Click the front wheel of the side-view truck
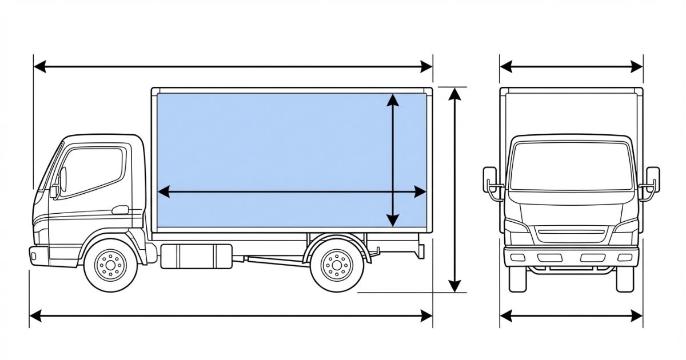point(111,265)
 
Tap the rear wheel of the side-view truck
point(337,265)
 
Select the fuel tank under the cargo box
point(196,256)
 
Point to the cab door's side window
point(93,171)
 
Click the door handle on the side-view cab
point(120,210)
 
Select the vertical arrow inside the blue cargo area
point(393,160)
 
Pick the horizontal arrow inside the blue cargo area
point(292,193)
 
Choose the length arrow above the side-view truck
point(233,67)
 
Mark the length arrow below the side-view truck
point(230,315)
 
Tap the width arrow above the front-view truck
point(571,67)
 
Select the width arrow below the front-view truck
point(571,315)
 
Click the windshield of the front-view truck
point(571,166)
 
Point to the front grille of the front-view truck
point(571,234)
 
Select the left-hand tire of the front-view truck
point(517,279)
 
